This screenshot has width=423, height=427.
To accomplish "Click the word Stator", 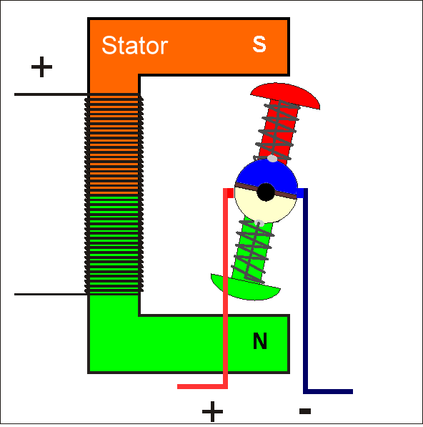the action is (x=134, y=45).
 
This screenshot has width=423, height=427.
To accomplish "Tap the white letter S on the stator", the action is (x=259, y=44).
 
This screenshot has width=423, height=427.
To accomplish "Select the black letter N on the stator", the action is (x=260, y=340).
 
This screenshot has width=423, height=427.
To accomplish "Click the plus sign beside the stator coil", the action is (x=41, y=67).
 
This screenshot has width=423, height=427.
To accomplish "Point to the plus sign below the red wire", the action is (x=212, y=411).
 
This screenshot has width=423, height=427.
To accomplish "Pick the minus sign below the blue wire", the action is (x=305, y=411).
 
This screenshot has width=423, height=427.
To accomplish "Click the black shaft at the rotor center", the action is (x=266, y=192).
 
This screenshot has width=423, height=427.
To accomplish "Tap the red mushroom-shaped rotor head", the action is (x=285, y=95).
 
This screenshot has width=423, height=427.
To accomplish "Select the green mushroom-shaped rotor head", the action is (x=245, y=289).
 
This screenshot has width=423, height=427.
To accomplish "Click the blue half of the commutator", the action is (x=267, y=173).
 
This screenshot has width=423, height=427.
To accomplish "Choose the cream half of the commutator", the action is (x=264, y=208).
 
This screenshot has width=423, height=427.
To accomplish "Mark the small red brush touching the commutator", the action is (x=230, y=193).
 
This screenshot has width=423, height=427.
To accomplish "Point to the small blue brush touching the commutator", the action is (x=300, y=193).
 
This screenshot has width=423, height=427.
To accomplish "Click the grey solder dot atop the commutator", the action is (x=272, y=159).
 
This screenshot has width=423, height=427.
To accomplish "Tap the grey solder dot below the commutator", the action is (x=259, y=223).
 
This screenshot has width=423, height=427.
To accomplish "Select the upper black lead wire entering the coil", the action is (x=51, y=94).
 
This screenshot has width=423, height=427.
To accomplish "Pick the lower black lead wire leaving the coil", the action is (x=51, y=294).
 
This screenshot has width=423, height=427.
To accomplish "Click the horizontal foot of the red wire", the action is (x=202, y=386).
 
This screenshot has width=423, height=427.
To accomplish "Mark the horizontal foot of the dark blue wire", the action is (x=328, y=392).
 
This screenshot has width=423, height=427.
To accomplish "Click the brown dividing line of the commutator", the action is (x=266, y=190).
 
